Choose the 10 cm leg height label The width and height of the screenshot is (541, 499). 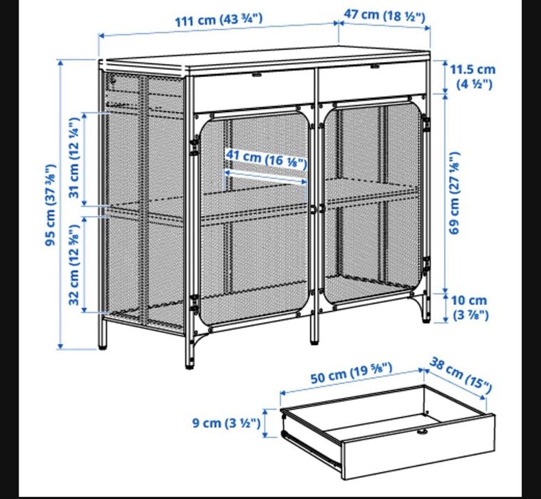470,307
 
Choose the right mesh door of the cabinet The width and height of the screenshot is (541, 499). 373,207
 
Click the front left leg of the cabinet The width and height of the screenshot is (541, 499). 190,354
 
